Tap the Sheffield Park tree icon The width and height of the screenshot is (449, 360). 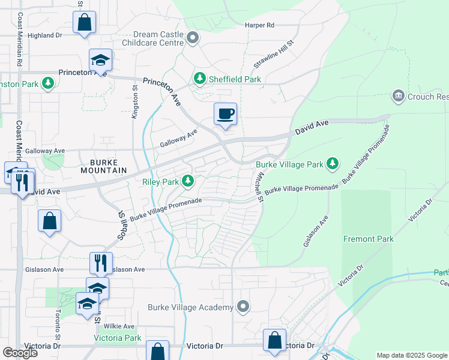[199, 79]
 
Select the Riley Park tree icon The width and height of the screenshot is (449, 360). [188, 181]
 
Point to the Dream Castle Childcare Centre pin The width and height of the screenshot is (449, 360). [193, 38]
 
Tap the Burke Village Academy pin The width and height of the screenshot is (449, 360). [243, 307]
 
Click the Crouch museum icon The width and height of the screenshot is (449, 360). [398, 96]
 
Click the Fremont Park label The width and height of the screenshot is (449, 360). [369, 239]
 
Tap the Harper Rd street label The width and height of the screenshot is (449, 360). [259, 25]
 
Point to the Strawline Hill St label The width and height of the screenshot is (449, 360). [273, 53]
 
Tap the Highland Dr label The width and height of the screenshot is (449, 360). [45, 35]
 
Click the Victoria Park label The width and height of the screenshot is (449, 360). [118, 338]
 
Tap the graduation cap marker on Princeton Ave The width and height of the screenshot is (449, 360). [101, 60]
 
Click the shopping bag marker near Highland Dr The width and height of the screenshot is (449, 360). [85, 23]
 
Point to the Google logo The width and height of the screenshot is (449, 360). [20, 352]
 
